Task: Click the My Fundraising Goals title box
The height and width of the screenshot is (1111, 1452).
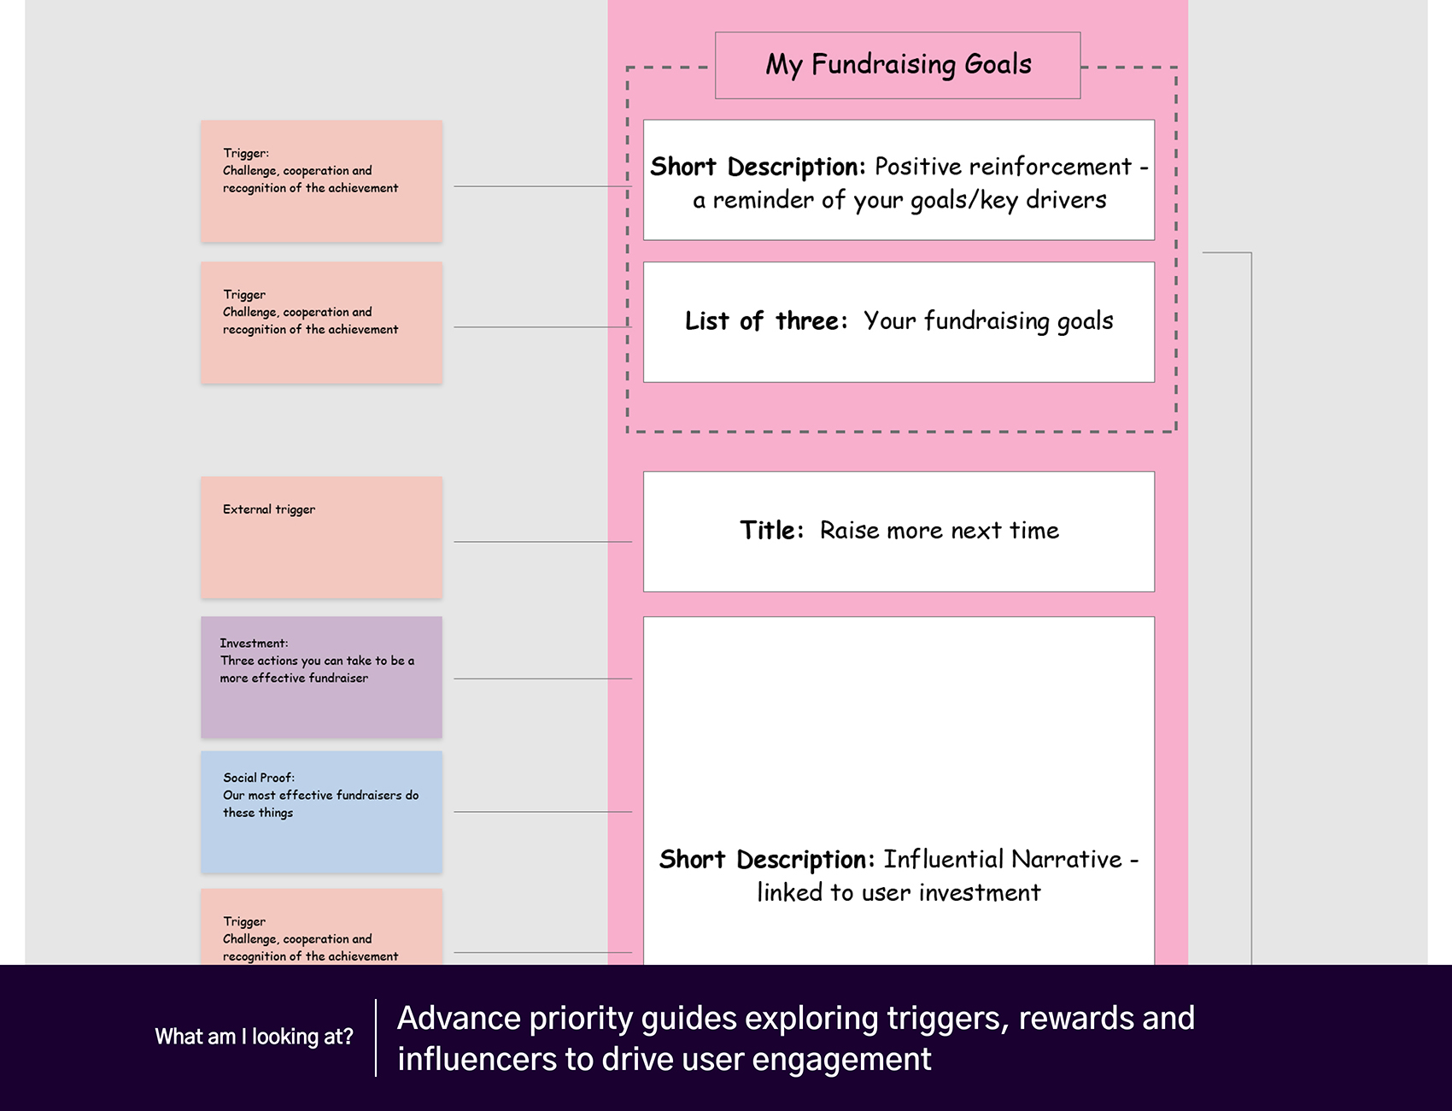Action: point(898,66)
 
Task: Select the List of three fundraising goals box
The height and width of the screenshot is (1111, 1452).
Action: point(899,322)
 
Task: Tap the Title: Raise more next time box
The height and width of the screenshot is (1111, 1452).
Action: point(899,532)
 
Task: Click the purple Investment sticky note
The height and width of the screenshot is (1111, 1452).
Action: point(321,677)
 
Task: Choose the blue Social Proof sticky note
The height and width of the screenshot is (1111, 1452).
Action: point(321,812)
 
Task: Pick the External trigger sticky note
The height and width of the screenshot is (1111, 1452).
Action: point(321,538)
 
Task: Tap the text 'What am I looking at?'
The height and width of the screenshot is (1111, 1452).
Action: point(254,1037)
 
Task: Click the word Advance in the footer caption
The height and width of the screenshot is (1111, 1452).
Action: point(459,1018)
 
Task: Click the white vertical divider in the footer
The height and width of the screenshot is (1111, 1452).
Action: point(376,1038)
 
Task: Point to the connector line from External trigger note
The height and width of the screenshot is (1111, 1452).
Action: point(543,542)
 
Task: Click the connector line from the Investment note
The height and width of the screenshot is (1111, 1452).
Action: point(543,679)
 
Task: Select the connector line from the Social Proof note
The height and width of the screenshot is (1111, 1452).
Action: point(543,812)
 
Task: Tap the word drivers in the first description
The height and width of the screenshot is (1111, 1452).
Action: point(1066,200)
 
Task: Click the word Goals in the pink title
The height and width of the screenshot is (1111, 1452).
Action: point(998,64)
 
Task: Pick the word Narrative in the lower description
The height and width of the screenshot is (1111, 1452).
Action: point(1067,859)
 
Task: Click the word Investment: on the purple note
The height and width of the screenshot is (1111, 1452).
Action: point(254,644)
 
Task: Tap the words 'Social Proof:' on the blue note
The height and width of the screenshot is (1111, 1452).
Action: point(259,778)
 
